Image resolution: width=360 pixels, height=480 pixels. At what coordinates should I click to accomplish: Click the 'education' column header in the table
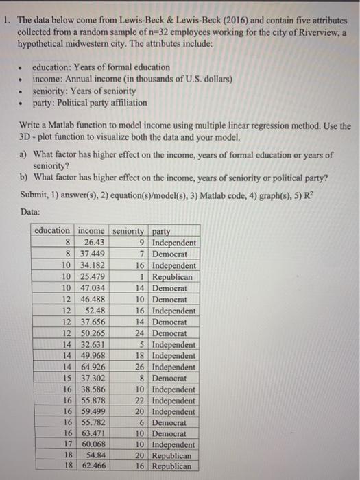coord(52,231)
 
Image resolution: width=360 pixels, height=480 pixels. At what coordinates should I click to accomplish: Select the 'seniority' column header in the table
coord(126,231)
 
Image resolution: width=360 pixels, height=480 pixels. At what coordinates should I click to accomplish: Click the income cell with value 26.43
coord(93,243)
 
